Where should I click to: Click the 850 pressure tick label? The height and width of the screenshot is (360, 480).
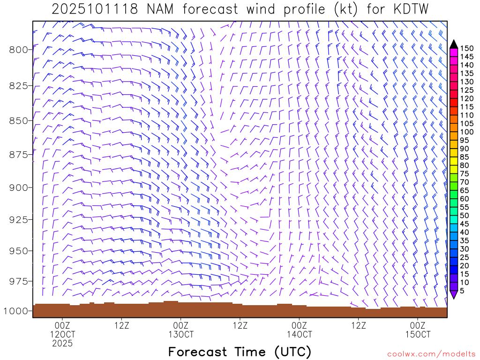(19, 120)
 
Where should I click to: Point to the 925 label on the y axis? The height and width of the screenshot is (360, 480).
(19, 219)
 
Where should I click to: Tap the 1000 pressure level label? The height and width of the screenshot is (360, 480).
(16, 311)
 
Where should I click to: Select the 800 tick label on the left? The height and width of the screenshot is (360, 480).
(19, 50)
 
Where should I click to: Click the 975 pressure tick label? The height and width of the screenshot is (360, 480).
(19, 281)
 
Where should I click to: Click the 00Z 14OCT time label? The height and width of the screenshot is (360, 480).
(299, 330)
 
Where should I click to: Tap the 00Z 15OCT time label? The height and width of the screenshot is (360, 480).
(418, 330)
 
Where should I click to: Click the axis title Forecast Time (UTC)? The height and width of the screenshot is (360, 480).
(240, 352)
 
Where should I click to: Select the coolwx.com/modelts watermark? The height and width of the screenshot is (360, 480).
(431, 354)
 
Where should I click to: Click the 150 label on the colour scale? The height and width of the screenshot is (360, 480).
(467, 48)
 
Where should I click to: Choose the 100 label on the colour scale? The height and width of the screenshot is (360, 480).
(467, 132)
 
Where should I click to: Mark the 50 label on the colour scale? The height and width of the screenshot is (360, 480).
(465, 216)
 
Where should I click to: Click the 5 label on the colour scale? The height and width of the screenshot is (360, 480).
(463, 291)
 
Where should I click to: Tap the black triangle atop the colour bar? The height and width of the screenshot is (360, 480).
(453, 44)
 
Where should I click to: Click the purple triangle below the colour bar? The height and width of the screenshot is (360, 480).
(453, 294)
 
